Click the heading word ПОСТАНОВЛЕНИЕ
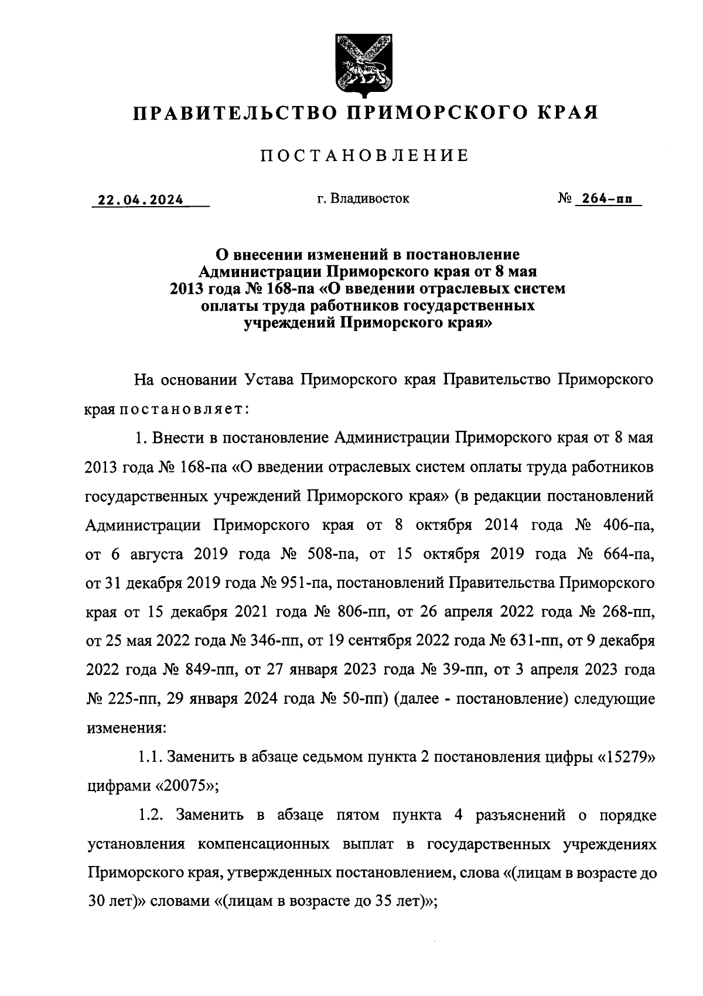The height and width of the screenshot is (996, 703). pyautogui.click(x=364, y=156)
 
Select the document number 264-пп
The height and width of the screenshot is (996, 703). pyautogui.click(x=603, y=199)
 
